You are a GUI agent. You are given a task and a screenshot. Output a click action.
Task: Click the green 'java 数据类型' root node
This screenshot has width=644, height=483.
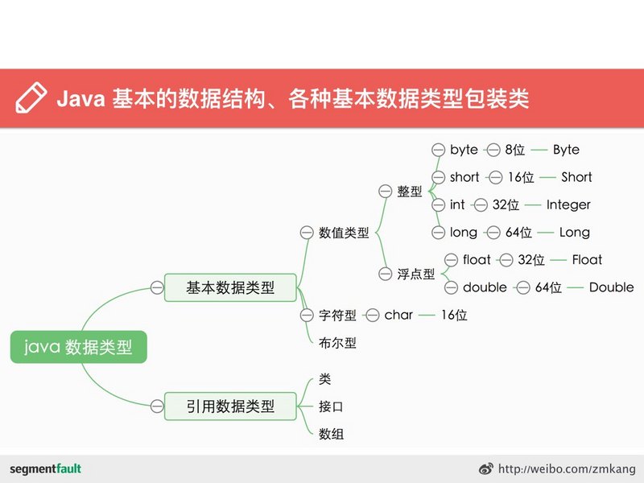pos(78,347)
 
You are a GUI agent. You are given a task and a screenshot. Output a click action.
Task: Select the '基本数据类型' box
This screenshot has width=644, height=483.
pos(230,287)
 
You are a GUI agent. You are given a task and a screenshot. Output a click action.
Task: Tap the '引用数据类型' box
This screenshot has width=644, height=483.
pos(230,407)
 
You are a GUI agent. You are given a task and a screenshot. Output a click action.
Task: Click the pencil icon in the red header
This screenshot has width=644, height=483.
pos(31,97)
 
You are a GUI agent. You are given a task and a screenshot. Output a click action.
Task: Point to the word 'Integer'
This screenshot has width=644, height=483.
pos(568,204)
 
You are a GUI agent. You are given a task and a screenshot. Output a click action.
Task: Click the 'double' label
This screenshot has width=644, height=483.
pos(485,287)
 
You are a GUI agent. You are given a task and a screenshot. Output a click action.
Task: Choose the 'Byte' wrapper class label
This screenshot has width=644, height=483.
pos(566,150)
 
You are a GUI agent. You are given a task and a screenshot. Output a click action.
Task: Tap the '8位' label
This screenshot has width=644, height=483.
pos(515,150)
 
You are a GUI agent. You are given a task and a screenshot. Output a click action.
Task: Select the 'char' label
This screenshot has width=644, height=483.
pos(398,315)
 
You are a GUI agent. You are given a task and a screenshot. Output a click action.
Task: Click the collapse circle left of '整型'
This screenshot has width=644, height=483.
pos(386,191)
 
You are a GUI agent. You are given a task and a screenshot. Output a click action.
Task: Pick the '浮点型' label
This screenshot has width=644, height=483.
pos(415,274)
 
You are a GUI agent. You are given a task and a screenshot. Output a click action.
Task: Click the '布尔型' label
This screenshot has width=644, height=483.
pos(337,343)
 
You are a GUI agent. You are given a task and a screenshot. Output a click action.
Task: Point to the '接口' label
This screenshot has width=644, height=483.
pos(331,407)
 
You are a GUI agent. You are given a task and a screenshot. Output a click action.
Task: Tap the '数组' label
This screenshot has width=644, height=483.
pos(331,434)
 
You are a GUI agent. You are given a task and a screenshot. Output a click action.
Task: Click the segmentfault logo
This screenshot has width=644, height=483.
pos(45,469)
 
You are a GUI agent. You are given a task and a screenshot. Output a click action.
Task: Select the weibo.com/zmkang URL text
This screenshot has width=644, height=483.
pos(567,469)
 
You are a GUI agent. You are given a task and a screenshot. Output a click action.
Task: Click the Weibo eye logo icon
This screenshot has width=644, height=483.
pos(486,469)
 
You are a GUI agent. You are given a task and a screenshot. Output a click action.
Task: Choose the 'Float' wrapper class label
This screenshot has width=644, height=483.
pos(587,259)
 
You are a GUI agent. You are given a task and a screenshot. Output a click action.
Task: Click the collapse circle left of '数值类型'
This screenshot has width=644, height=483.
pos(307,233)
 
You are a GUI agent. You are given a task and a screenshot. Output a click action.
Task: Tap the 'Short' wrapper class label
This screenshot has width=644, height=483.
pos(576,177)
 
